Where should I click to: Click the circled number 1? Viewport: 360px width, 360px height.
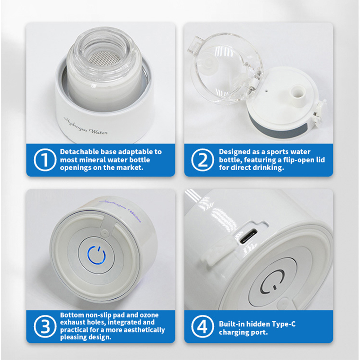pos(45,160)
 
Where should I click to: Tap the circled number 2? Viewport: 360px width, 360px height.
pos(202,160)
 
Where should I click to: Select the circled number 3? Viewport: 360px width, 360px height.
pos(45,326)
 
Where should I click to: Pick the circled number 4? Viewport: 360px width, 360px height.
pos(202,326)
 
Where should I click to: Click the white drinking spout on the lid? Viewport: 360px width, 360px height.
pos(298,94)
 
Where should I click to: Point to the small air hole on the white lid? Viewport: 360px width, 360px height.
pos(266,90)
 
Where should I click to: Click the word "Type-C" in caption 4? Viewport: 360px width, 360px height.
pos(283,324)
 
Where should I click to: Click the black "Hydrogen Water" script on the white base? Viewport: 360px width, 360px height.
pos(85,126)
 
